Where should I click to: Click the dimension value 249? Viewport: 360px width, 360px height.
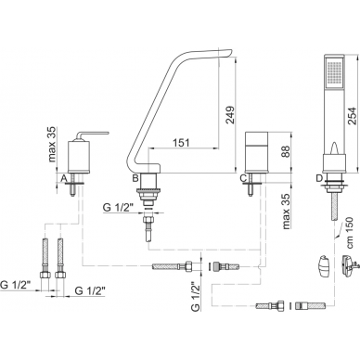click(x=230, y=115)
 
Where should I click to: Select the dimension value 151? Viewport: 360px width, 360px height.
click(x=181, y=143)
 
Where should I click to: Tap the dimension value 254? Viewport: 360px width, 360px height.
click(x=352, y=116)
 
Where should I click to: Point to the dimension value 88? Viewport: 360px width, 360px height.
click(x=287, y=152)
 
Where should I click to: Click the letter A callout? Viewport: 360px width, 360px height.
click(x=64, y=178)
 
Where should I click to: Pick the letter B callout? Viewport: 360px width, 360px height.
click(x=135, y=178)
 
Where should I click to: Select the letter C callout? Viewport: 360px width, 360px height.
click(x=243, y=178)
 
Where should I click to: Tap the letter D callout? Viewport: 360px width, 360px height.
click(x=319, y=178)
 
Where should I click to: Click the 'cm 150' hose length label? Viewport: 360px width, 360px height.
click(x=350, y=233)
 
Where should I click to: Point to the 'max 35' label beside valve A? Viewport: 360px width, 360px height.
click(x=52, y=144)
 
